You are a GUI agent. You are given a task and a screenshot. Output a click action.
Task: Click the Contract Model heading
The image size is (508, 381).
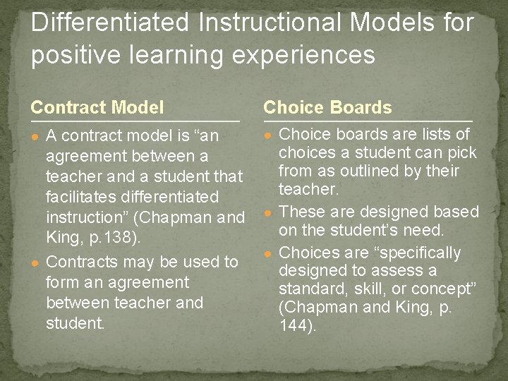(97, 108)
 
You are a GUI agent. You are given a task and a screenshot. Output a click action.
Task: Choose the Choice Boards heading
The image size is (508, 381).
(327, 108)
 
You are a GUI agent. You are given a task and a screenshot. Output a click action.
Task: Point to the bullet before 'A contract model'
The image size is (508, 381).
(35, 135)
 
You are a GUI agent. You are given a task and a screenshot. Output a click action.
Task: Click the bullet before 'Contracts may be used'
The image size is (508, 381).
(35, 262)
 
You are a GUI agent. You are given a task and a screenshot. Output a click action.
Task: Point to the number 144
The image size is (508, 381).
(295, 326)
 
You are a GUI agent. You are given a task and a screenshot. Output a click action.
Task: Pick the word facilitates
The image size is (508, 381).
(83, 196)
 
